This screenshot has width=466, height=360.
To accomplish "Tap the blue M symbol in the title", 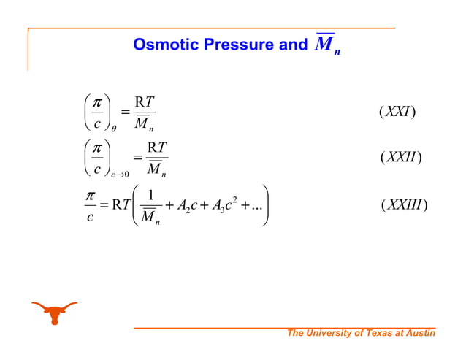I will pos(324,45).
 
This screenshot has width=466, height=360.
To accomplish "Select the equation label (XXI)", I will pos(397,112).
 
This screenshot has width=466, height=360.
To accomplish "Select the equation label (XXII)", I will pos(401,157).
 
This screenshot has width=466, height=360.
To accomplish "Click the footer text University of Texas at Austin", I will pos(362,334).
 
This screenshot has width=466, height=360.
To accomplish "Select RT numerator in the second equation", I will pos(156,148).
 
